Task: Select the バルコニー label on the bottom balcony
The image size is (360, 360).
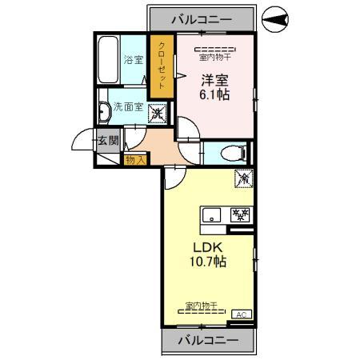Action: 208,340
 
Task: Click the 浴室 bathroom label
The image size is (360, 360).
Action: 134,60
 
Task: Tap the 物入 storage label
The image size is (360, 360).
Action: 134,159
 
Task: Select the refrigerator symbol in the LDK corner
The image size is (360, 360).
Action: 243,180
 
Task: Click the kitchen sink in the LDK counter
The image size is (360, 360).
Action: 212,214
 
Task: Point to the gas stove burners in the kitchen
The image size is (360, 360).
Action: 239,214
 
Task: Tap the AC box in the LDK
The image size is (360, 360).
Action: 242,314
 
